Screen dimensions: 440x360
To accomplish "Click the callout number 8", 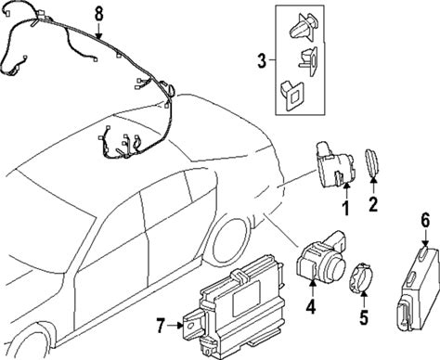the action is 98,15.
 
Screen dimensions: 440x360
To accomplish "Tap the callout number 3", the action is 262,61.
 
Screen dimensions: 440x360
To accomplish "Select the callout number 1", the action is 345,208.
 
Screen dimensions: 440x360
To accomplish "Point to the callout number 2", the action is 373,204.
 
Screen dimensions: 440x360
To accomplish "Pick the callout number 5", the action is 364,317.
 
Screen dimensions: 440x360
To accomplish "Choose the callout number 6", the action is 425,221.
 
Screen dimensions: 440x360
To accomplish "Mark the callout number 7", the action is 160,326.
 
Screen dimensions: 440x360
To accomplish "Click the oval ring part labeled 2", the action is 373,162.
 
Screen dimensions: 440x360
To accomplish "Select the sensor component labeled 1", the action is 335,165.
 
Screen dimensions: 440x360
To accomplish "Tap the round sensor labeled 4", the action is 322,256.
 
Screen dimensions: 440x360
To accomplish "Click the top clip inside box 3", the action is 304,28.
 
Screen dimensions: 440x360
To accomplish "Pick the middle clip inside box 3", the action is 308,60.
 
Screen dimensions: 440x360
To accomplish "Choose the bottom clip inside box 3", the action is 291,95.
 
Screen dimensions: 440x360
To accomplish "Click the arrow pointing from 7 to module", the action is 175,325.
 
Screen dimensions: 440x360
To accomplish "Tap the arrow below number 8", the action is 98,32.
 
